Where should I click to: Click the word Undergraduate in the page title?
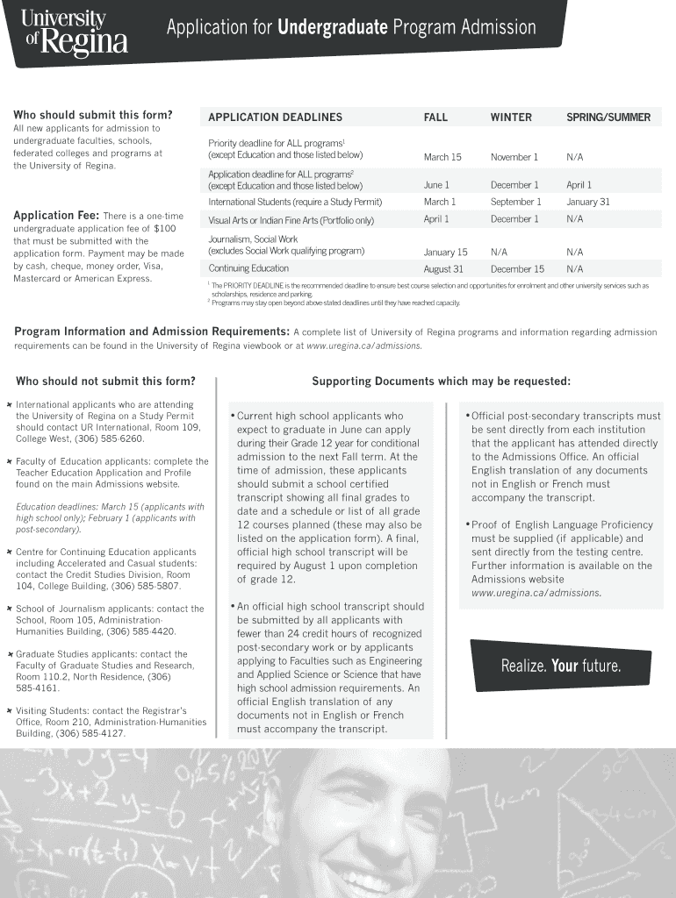333,28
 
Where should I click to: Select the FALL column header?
435,118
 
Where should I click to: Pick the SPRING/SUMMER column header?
608,118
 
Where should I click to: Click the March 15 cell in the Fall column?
442,157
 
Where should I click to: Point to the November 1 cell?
514,157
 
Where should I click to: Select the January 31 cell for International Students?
587,202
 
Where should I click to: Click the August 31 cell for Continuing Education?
443,269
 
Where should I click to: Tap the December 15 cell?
517,269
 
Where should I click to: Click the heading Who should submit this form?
92,115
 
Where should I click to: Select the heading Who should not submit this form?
105,381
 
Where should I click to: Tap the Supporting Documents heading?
441,381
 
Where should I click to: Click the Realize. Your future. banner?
560,666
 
